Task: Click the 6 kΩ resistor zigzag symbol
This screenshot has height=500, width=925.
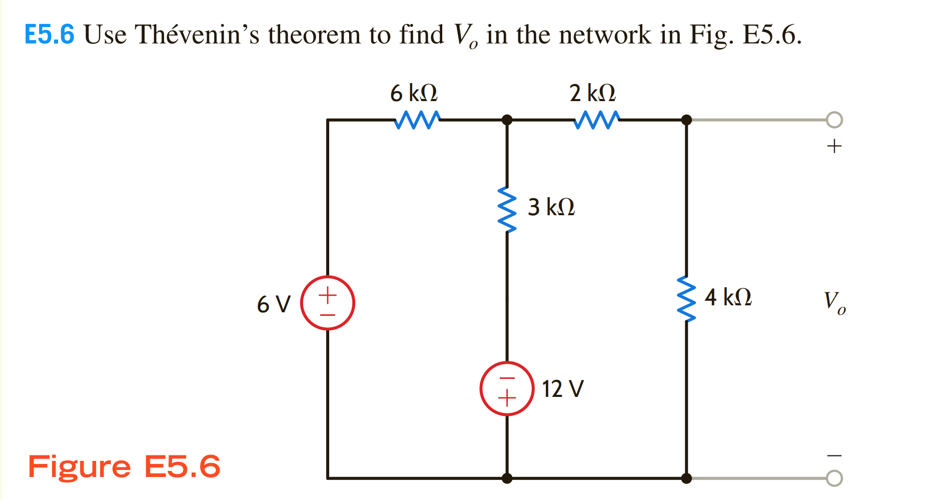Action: click(417, 120)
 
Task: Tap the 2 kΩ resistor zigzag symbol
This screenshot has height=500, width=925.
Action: click(596, 120)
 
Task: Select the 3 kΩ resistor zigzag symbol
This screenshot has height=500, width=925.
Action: click(507, 210)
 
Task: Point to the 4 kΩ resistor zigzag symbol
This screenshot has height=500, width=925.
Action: click(686, 299)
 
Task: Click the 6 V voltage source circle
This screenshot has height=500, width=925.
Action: click(328, 303)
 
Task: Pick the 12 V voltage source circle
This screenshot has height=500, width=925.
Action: click(507, 388)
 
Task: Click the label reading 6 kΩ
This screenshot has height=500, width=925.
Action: click(414, 93)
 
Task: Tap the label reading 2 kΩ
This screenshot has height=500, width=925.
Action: click(592, 93)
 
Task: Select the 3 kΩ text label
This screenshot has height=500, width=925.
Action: click(551, 207)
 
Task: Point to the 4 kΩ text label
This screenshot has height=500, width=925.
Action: click(728, 297)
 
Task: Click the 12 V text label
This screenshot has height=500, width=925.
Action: click(563, 389)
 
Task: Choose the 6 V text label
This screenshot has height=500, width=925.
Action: click(274, 304)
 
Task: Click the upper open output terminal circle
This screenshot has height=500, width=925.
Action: click(834, 120)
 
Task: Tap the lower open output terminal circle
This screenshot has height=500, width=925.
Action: click(834, 478)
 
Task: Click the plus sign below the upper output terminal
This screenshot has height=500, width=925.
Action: click(834, 146)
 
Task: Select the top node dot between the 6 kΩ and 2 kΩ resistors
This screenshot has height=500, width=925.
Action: click(507, 120)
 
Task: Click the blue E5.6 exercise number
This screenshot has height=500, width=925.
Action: click(50, 35)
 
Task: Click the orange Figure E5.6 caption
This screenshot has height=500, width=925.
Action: click(124, 466)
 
